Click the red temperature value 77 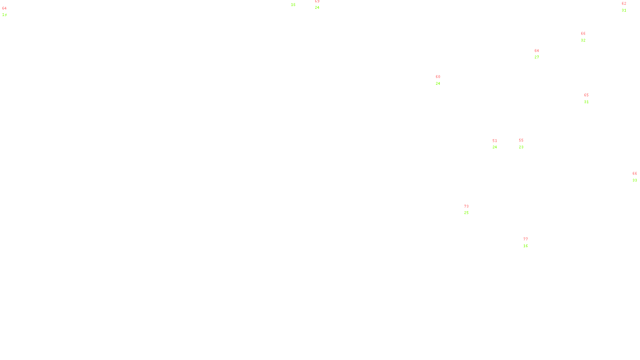526,239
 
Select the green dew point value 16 526,246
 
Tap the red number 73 466,206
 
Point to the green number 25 466,213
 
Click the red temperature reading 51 495,141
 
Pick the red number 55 521,140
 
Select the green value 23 521,147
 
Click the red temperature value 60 438,77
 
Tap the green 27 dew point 537,57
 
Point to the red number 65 586,95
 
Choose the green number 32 583,40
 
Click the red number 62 624,4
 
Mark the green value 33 635,180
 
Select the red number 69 317,2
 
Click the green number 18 293,5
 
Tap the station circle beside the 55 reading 525,144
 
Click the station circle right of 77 530,242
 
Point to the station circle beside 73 470,210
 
